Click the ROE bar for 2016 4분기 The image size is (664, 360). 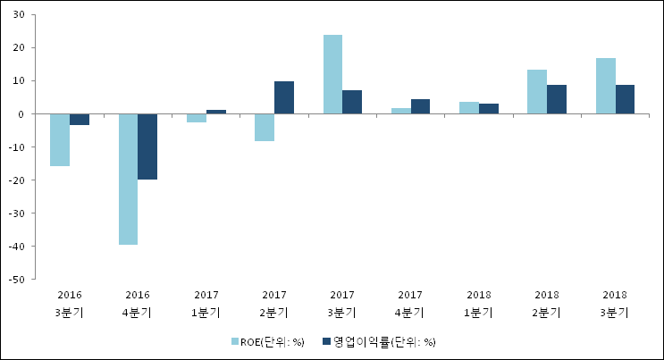tap(128, 179)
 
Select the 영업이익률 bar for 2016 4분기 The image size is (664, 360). tap(147, 147)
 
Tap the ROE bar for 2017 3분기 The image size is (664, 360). tap(332, 74)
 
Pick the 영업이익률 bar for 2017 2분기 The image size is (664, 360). tap(284, 97)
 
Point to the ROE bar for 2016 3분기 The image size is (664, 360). tap(60, 139)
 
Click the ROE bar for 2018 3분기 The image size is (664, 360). tap(605, 86)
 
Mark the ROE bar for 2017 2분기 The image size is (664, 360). tap(265, 127)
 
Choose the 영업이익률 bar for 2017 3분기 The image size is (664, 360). tap(352, 102)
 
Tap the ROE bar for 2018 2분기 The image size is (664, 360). tap(536, 91)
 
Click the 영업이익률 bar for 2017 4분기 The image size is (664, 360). tap(420, 106)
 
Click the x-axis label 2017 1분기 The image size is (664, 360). tap(206, 304)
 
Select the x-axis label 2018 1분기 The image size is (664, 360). tap(478, 304)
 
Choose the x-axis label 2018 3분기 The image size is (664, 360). tap(614, 304)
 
